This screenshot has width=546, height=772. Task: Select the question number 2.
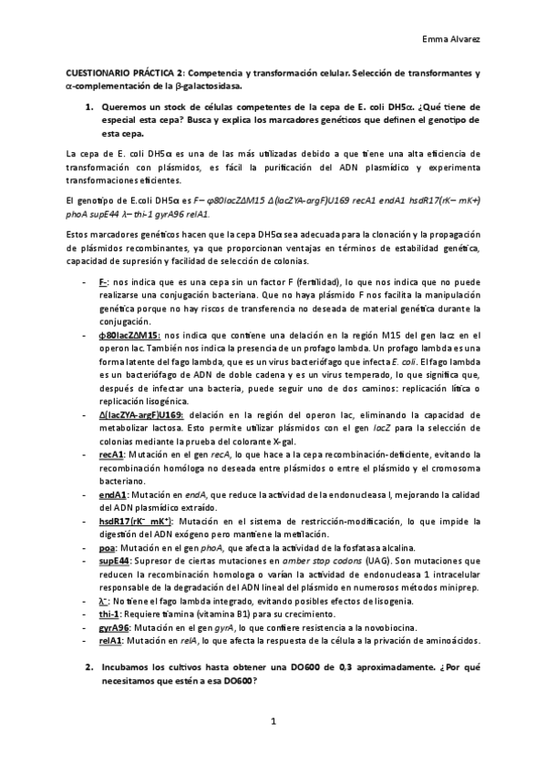pyautogui.click(x=89, y=667)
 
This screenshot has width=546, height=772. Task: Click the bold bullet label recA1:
pyautogui.click(x=112, y=452)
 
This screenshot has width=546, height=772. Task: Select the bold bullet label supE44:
pyautogui.click(x=117, y=561)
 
